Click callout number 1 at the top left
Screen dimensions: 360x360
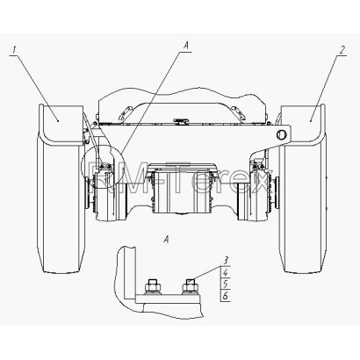[x=14, y=50]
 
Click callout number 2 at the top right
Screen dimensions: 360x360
[x=342, y=50]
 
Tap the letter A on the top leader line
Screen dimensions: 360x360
[x=186, y=45]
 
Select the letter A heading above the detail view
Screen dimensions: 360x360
[x=166, y=240]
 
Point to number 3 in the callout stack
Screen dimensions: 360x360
[x=226, y=260]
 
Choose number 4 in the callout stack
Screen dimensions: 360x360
[x=226, y=273]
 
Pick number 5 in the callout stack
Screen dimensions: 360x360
[x=226, y=284]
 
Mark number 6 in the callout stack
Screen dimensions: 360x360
[x=226, y=296]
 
